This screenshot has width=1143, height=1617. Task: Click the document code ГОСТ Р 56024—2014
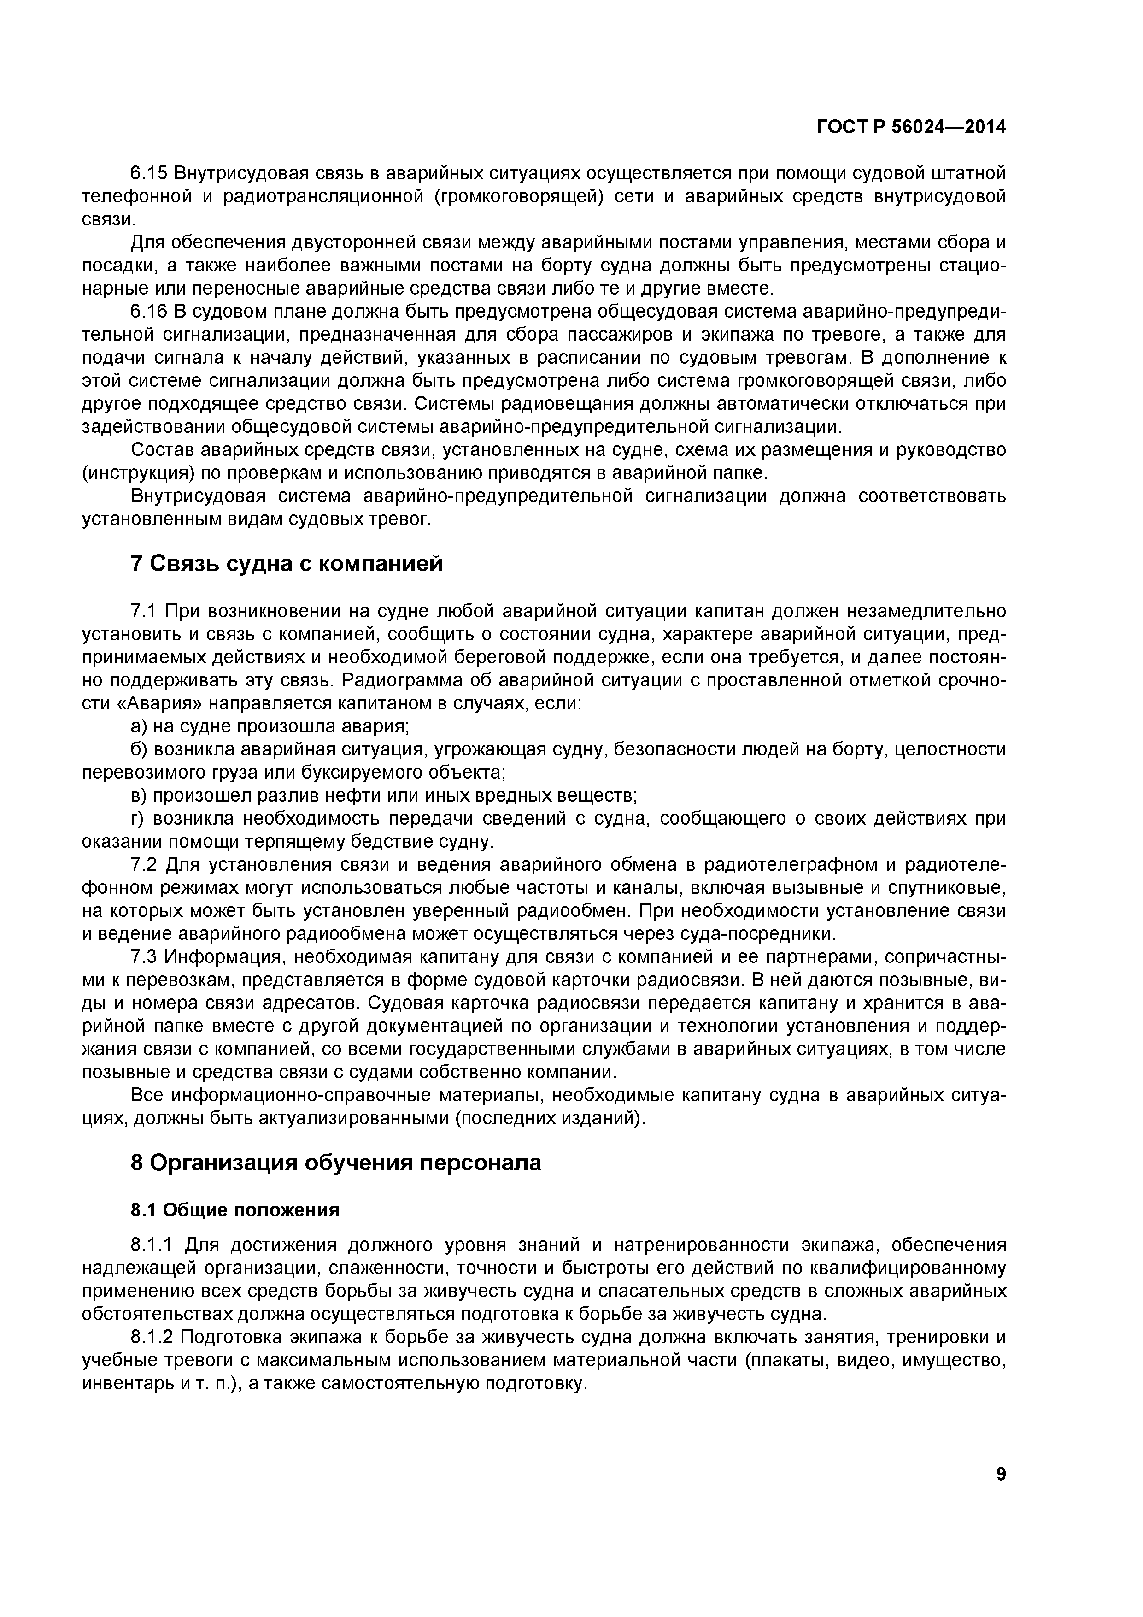coord(911,128)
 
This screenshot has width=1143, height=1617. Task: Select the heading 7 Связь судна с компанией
coord(287,563)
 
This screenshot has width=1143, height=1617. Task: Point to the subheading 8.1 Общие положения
coord(235,1210)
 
